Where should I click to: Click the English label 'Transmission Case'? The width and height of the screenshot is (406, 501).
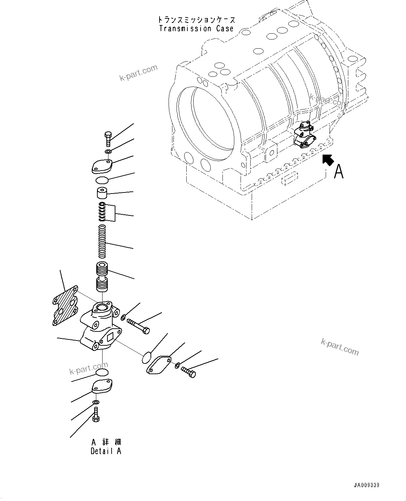coord(196,28)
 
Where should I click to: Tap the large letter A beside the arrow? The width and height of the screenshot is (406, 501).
coord(338,172)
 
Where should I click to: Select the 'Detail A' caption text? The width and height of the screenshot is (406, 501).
coord(106,451)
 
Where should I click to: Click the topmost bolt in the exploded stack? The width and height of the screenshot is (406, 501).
coord(108,139)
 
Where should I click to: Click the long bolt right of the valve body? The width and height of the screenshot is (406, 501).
coord(138,325)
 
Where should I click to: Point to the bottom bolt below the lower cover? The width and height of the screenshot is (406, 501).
coord(96,414)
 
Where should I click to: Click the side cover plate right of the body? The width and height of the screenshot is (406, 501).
coord(160,364)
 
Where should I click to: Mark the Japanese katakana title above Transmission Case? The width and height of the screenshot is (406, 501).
coord(196,20)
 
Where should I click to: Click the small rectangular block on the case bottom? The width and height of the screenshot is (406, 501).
coord(289,178)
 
